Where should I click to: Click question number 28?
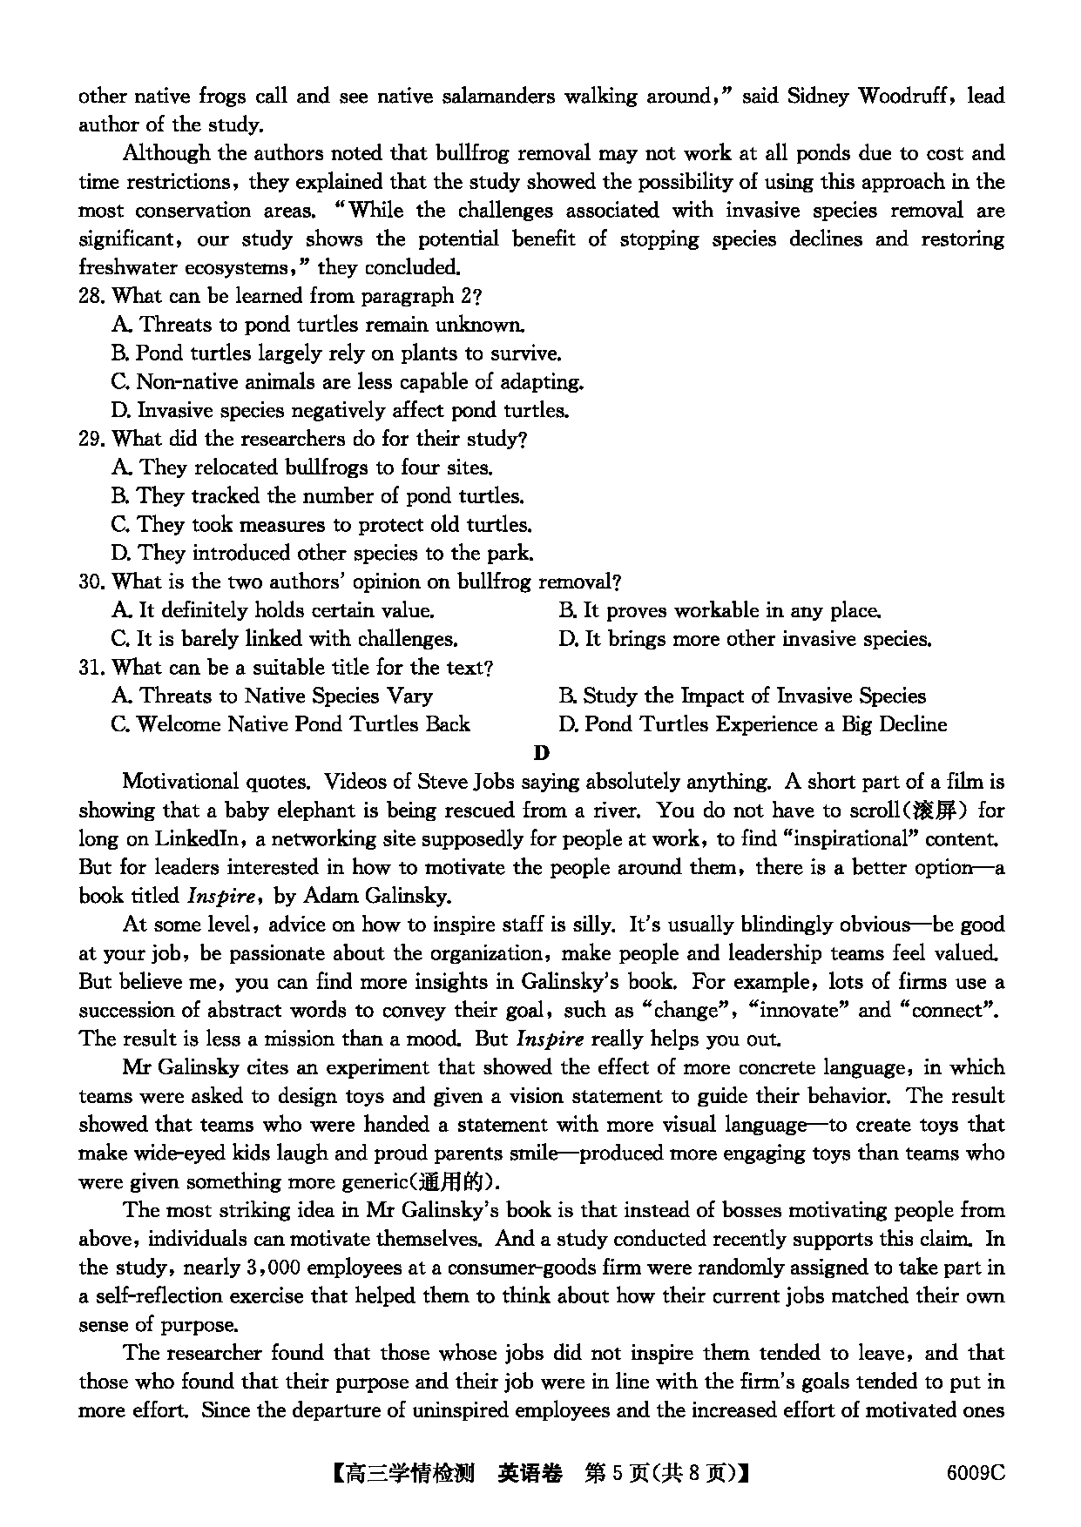tap(91, 296)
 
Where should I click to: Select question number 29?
tap(91, 439)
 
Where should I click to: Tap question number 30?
tap(91, 582)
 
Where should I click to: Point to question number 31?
tap(91, 668)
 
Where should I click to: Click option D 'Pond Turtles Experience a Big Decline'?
tap(753, 724)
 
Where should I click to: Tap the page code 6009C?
tap(975, 1473)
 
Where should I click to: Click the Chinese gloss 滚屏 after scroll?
tap(936, 811)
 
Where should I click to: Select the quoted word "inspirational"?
tap(842, 839)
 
